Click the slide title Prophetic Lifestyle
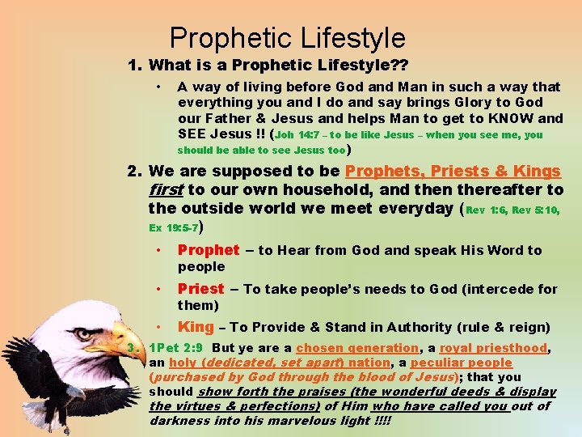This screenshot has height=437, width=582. coord(287,37)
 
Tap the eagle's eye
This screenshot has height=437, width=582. coord(84,333)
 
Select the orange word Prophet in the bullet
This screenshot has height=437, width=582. coord(209,251)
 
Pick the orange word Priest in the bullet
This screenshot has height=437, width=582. coord(200,289)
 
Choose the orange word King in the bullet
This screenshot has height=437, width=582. coord(196,327)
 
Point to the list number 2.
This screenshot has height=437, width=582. coord(134,172)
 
